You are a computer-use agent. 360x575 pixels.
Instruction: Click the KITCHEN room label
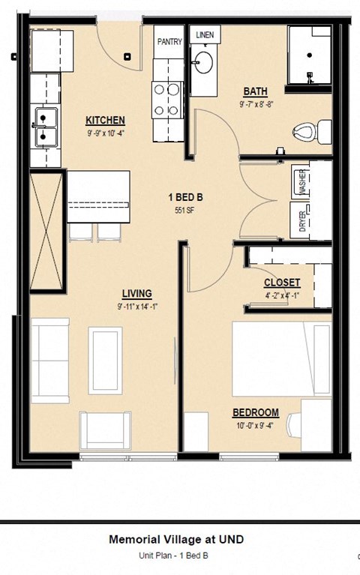click(105, 121)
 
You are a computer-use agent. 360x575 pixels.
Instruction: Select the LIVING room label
click(137, 293)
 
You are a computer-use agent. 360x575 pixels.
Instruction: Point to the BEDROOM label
click(256, 412)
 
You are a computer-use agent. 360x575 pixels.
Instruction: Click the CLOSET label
click(282, 283)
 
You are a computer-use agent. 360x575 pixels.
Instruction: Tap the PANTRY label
click(169, 43)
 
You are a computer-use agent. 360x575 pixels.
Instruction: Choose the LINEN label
click(203, 35)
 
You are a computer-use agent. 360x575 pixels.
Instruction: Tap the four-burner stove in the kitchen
click(169, 97)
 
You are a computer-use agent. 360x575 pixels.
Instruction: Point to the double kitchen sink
click(46, 127)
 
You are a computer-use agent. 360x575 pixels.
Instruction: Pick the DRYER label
click(303, 221)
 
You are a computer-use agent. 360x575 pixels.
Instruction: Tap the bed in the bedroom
click(281, 360)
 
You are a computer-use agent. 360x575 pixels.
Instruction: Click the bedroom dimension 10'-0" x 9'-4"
click(256, 426)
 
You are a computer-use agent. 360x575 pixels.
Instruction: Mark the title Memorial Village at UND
click(176, 539)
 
